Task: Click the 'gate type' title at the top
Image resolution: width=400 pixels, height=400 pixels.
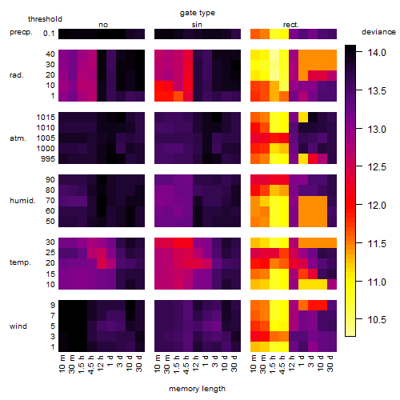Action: [x=198, y=13]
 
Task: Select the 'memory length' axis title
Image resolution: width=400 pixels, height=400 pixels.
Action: [x=197, y=389]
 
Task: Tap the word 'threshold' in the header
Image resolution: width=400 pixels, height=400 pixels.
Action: [x=45, y=19]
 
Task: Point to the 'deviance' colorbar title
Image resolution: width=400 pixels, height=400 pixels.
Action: [x=378, y=32]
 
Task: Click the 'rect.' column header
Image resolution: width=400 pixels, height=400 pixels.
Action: [x=290, y=25]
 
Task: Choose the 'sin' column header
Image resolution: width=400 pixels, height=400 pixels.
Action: [x=197, y=25]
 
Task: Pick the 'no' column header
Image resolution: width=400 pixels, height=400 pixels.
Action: [x=103, y=25]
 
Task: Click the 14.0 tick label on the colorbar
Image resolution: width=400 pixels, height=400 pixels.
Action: [x=377, y=53]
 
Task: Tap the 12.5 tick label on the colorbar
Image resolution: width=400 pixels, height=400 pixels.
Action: [x=377, y=167]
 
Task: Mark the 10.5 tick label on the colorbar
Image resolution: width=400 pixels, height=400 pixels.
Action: [x=377, y=319]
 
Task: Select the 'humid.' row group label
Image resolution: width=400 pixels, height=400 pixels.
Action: [x=22, y=201]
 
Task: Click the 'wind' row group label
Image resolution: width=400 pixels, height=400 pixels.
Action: [x=18, y=326]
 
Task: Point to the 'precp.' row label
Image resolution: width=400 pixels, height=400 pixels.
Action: [x=21, y=32]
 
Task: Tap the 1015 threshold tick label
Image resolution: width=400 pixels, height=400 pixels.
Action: [x=46, y=117]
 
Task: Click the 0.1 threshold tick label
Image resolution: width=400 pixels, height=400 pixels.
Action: [x=49, y=34]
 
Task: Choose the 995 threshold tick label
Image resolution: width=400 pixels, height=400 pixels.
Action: [x=48, y=159]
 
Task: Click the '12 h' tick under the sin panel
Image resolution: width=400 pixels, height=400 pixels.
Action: [x=195, y=363]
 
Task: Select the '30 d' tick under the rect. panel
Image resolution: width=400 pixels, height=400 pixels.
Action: [x=330, y=364]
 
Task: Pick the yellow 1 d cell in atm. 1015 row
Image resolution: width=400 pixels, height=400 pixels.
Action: [x=303, y=117]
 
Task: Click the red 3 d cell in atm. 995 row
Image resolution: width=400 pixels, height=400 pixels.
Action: [x=313, y=158]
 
